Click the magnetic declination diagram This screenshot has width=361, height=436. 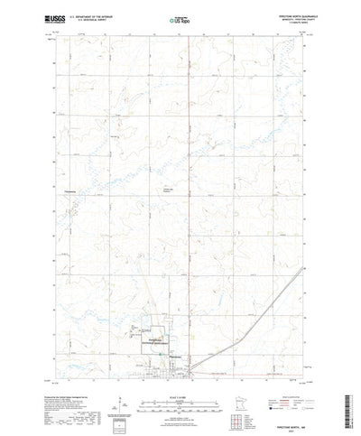point(118,396)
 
